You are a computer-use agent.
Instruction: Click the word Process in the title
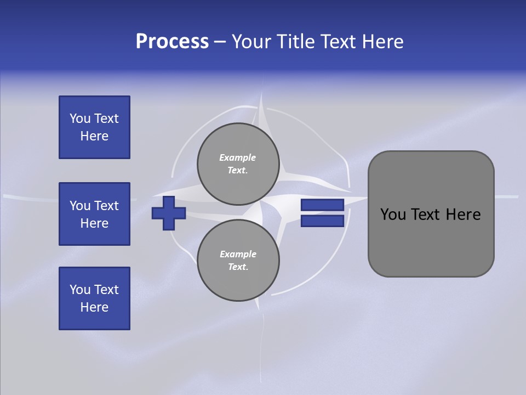click(x=172, y=42)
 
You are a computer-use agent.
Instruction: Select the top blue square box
click(x=94, y=127)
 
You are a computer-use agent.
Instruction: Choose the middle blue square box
click(x=94, y=214)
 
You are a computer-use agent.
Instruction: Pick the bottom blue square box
click(x=94, y=298)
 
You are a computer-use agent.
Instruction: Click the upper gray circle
click(x=238, y=163)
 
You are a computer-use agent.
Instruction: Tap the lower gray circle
click(x=238, y=260)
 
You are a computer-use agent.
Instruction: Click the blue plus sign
click(x=169, y=213)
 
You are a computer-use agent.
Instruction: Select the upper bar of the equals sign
click(x=322, y=205)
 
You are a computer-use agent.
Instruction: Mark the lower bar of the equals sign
click(x=322, y=221)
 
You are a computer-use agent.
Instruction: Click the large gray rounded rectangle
click(x=431, y=214)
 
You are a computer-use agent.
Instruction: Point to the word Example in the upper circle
click(x=238, y=157)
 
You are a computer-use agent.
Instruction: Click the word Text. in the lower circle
click(x=238, y=267)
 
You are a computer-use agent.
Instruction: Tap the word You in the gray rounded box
click(x=393, y=215)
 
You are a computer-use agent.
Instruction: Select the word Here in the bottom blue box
click(x=94, y=307)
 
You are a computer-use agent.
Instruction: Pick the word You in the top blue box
click(x=80, y=119)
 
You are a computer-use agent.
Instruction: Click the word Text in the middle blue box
click(x=106, y=206)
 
